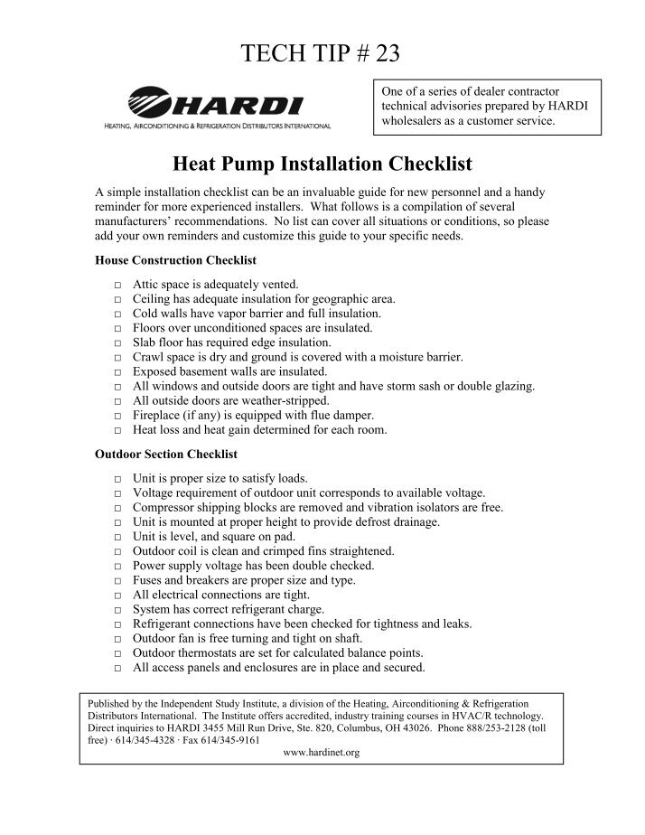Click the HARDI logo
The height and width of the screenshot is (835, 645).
216,108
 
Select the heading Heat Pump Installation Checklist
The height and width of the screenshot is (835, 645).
322,165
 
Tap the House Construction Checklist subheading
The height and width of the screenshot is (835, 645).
175,260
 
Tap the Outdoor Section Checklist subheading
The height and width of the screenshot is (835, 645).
166,454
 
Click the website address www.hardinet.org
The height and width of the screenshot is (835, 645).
322,752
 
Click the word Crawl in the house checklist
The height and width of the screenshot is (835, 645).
148,358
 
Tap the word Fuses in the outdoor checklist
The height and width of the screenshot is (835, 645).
147,581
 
